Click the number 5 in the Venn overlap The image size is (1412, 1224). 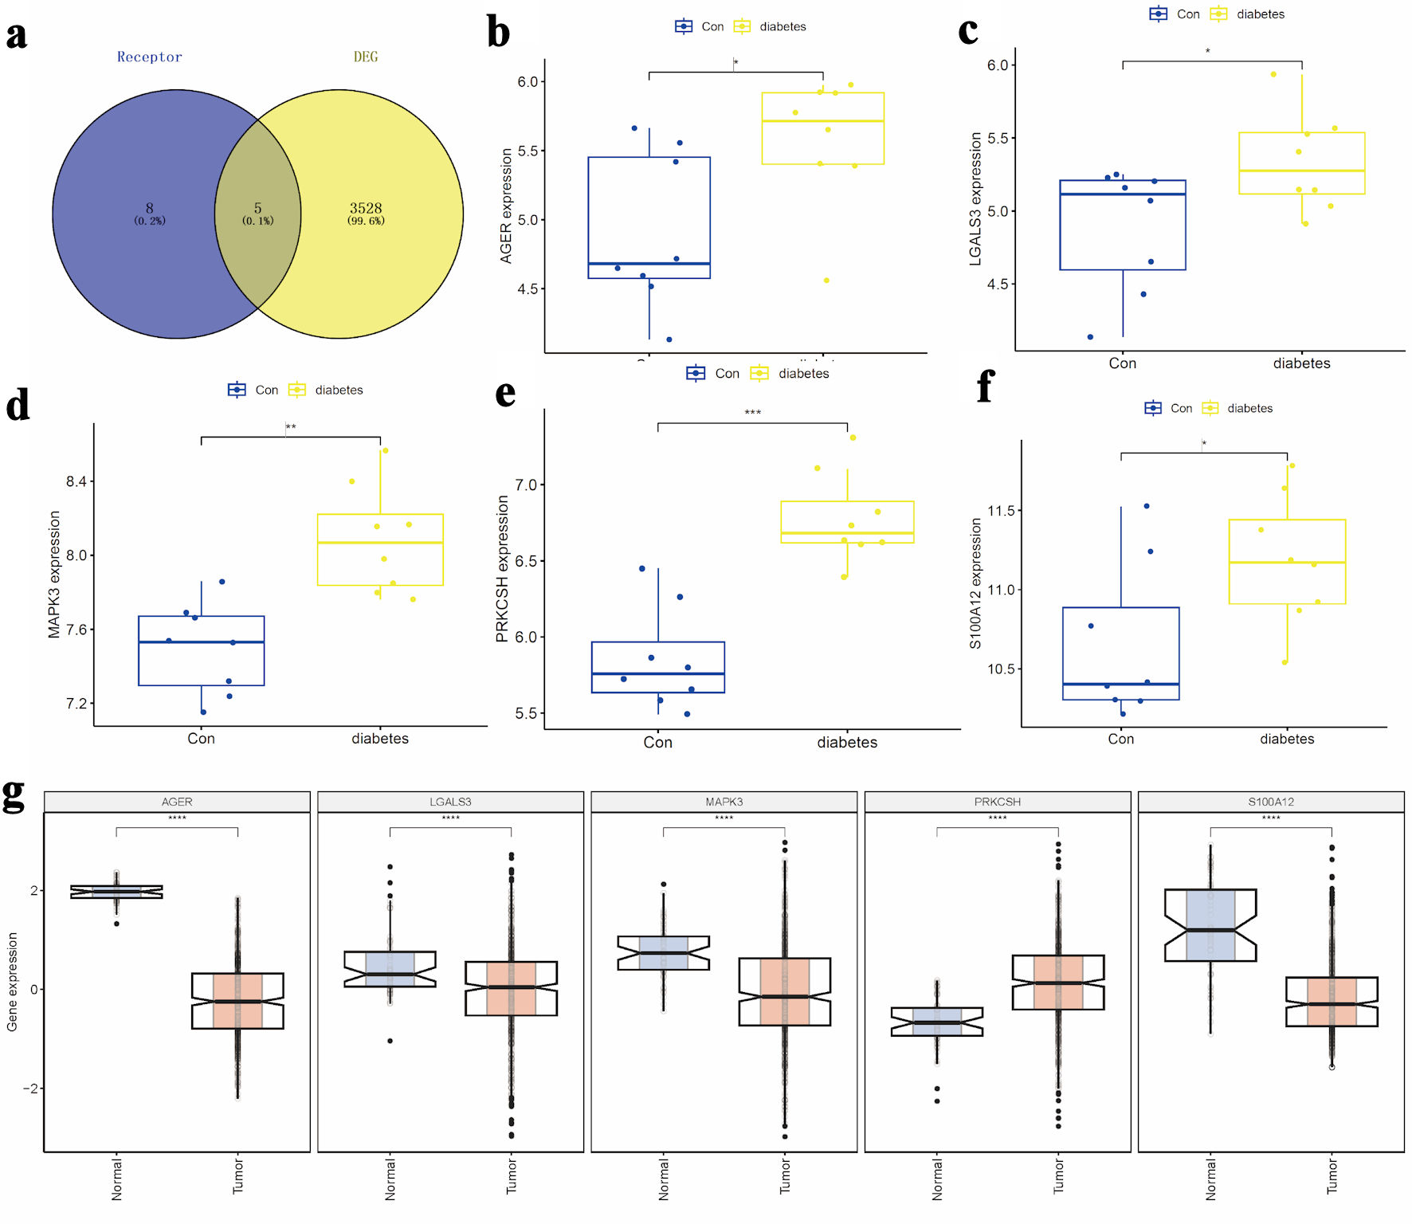pyautogui.click(x=257, y=208)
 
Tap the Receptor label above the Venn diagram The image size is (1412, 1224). pyautogui.click(x=149, y=57)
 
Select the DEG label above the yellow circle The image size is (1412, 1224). pyautogui.click(x=366, y=57)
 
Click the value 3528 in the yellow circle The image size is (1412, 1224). pyautogui.click(x=366, y=208)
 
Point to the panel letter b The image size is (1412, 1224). pyautogui.click(x=498, y=33)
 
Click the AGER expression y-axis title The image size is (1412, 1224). pyautogui.click(x=506, y=206)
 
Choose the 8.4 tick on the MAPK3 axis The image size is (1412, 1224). pyautogui.click(x=76, y=481)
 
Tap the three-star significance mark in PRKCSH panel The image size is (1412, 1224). pyautogui.click(x=752, y=413)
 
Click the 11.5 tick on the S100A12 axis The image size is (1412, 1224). pyautogui.click(x=1001, y=510)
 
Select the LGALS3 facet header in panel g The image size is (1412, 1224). pyautogui.click(x=450, y=802)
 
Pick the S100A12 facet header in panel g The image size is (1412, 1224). pyautogui.click(x=1271, y=802)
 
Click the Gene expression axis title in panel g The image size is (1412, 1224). pyautogui.click(x=12, y=982)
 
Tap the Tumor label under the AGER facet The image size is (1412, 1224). pyautogui.click(x=238, y=1176)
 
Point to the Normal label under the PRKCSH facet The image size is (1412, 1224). pyautogui.click(x=937, y=1179)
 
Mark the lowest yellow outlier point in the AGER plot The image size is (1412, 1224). pyautogui.click(x=826, y=280)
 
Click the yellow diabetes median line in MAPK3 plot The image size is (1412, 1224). pyautogui.click(x=380, y=543)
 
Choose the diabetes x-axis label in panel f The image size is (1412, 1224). pyautogui.click(x=1287, y=739)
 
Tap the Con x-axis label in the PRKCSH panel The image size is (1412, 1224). pyautogui.click(x=657, y=742)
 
